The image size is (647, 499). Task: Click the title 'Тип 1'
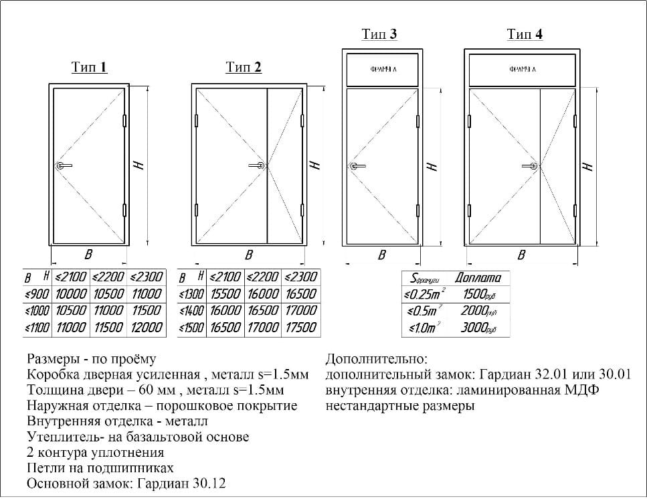click(x=89, y=67)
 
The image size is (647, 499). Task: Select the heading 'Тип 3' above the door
click(x=379, y=34)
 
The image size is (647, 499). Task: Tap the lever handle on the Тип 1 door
click(x=63, y=165)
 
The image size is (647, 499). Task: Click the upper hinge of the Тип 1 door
click(x=125, y=121)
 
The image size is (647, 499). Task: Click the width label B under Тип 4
click(x=521, y=255)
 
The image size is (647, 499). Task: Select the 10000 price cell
click(x=70, y=294)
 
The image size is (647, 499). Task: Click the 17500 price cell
click(x=300, y=327)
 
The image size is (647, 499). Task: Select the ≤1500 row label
click(x=191, y=327)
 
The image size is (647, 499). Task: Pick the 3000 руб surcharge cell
click(x=478, y=328)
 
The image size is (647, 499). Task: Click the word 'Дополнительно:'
click(x=375, y=359)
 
